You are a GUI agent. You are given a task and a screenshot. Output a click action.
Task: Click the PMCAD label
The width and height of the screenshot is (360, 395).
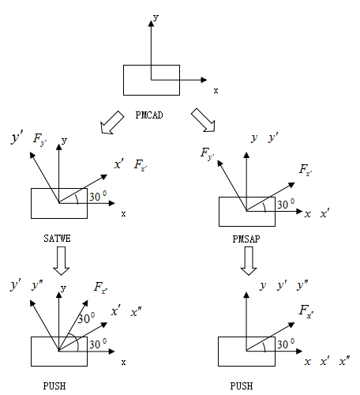click(x=149, y=115)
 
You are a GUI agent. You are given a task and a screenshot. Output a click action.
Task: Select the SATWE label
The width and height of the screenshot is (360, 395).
click(x=57, y=239)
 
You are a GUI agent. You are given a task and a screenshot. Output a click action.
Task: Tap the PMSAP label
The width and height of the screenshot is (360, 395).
click(x=246, y=239)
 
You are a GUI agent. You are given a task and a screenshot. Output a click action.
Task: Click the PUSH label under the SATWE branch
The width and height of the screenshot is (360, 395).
click(x=54, y=386)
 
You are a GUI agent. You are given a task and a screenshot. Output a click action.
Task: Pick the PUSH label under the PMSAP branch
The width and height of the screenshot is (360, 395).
click(x=242, y=386)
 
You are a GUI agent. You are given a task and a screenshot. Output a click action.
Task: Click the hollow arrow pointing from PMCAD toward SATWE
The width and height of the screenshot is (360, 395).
click(x=112, y=122)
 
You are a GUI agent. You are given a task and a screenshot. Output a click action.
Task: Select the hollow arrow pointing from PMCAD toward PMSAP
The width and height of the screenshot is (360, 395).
click(x=203, y=120)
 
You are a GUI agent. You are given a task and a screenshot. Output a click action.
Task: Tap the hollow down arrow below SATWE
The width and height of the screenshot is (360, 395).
click(x=62, y=261)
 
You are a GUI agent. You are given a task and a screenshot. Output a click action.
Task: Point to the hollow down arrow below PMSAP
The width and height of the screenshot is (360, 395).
click(x=249, y=261)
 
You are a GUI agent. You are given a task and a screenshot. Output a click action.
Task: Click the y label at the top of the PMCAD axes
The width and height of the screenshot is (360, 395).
click(x=156, y=17)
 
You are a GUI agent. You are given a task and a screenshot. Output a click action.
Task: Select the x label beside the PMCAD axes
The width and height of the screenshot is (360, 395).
click(x=216, y=91)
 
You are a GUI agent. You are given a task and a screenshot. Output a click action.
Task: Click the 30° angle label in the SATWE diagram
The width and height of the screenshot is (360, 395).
click(x=98, y=196)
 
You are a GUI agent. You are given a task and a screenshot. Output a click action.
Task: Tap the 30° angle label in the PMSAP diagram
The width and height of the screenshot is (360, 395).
click(x=286, y=204)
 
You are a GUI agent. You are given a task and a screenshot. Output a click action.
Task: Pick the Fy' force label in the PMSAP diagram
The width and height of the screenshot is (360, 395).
click(x=208, y=153)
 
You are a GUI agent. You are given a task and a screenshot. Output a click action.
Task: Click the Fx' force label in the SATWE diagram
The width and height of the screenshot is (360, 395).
click(x=141, y=165)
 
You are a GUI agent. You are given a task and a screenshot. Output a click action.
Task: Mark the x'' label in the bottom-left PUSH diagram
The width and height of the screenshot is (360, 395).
click(x=136, y=312)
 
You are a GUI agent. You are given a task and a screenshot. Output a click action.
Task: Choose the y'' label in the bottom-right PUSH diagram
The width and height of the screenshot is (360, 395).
click(x=302, y=285)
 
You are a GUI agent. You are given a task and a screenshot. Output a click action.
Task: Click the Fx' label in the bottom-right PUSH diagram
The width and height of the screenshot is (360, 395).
click(x=306, y=311)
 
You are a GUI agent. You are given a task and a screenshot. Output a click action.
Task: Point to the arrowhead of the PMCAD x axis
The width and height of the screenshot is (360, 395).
click(x=204, y=80)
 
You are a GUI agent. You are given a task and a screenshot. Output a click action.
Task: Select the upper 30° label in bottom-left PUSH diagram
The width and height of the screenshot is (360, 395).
click(x=86, y=318)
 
